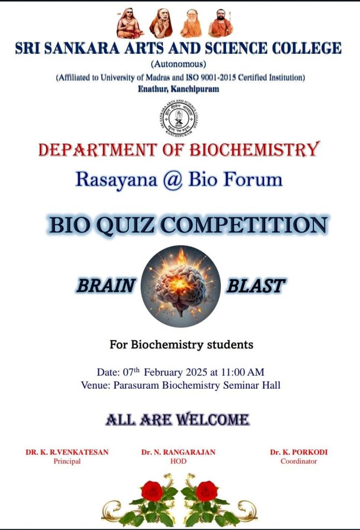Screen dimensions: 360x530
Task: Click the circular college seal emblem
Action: click(x=178, y=119)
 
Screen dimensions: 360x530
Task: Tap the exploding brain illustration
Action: click(x=181, y=286)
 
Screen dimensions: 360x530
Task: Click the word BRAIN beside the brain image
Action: click(x=106, y=286)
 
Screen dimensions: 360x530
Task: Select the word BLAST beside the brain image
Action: click(x=256, y=286)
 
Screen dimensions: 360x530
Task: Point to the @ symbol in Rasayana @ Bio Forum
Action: click(x=173, y=180)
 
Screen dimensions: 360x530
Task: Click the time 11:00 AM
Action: click(x=243, y=372)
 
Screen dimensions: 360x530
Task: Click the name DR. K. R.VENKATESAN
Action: click(x=67, y=452)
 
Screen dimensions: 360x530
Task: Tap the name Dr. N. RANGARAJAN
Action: click(x=178, y=452)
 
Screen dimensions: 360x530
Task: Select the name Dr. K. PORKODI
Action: click(x=299, y=452)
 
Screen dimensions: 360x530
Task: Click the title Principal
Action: click(x=67, y=461)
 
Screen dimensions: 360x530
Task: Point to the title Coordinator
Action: click(x=299, y=461)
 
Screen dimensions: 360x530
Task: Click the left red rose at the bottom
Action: click(x=152, y=491)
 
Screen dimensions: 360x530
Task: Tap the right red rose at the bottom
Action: click(x=206, y=491)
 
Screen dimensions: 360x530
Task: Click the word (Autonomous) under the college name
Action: click(x=178, y=64)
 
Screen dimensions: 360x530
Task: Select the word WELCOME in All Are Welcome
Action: click(x=213, y=420)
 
